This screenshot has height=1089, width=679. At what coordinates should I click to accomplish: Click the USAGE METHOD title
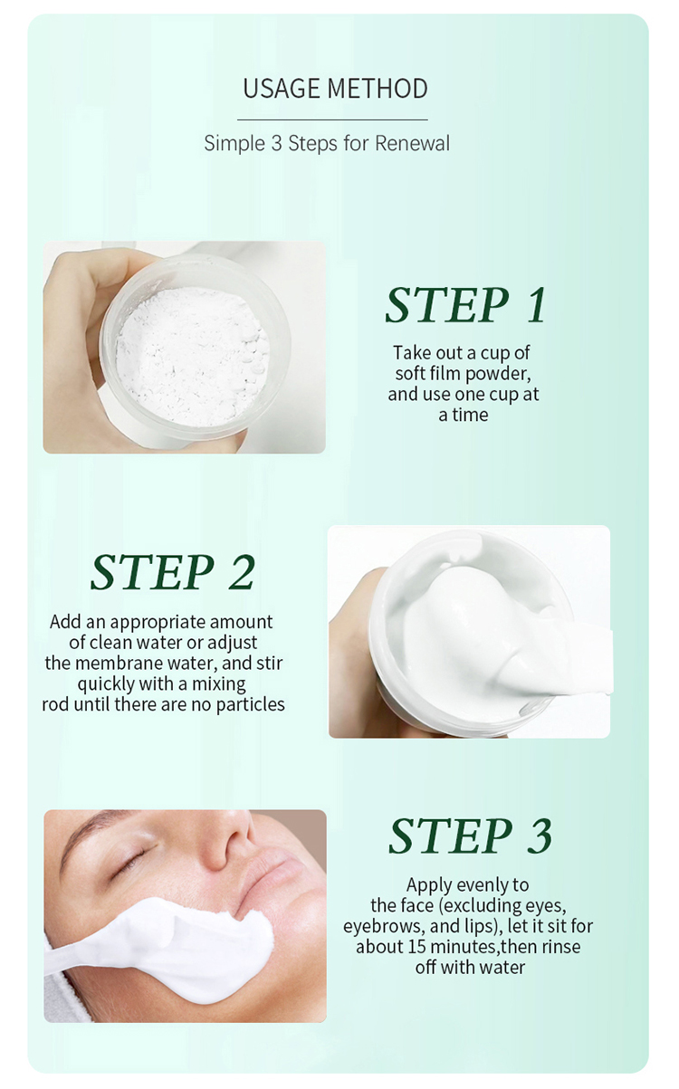[335, 89]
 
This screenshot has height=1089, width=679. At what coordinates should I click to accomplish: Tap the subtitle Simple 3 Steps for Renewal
[327, 143]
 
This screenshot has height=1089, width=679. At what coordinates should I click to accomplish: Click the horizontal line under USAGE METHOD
[332, 119]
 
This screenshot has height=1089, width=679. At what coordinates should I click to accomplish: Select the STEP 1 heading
[465, 305]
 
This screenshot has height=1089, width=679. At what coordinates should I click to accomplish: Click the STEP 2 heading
[172, 571]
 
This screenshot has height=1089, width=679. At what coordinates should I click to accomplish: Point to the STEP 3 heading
[470, 836]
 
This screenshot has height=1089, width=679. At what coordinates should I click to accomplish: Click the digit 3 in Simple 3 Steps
[277, 143]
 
